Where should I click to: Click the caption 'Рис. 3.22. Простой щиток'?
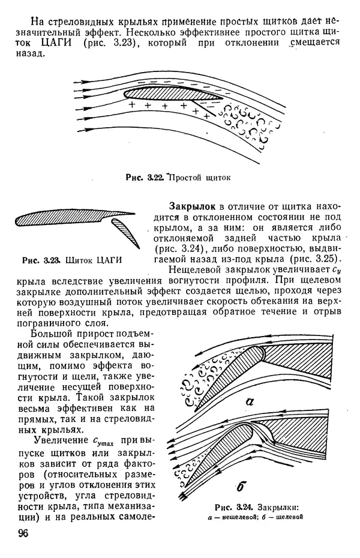tap(178, 177)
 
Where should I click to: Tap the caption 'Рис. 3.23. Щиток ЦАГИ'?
tap(71, 260)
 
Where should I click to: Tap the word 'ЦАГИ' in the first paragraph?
tap(53, 42)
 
